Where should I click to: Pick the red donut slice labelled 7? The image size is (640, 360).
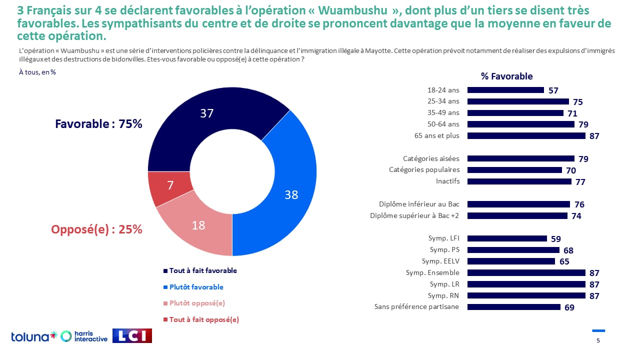[170, 186]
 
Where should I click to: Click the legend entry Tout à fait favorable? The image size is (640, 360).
[202, 270]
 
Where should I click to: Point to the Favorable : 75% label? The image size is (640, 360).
[98, 124]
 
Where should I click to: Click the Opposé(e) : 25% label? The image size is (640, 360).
[96, 229]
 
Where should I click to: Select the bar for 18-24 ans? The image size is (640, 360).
[505, 90]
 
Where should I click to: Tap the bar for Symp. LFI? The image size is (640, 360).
[507, 238]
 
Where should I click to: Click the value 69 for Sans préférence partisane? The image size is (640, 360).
[569, 307]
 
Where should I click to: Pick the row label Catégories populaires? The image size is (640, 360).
[424, 169]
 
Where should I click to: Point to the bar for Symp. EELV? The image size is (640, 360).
[511, 261]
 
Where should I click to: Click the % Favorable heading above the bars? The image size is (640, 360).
[506, 76]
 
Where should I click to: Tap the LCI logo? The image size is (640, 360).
[132, 336]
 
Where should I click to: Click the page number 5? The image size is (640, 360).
[598, 341]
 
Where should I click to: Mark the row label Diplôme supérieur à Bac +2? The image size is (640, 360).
[414, 215]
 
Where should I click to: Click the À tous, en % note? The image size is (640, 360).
[37, 72]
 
